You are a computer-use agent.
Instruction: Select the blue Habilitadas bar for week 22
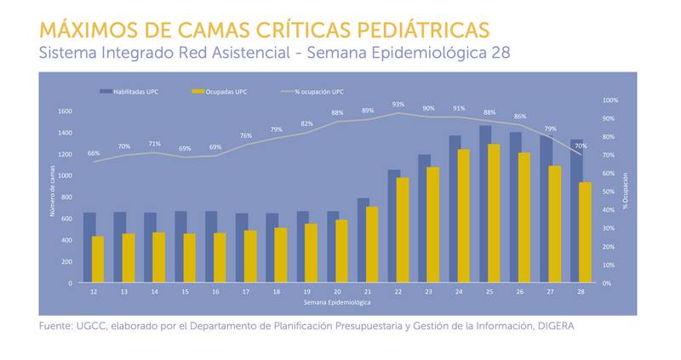tap(394, 226)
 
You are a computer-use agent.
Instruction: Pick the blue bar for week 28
tap(576, 211)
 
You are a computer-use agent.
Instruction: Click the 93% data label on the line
tap(398, 105)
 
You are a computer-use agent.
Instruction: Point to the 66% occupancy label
tap(94, 153)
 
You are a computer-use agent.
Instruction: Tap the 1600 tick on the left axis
tap(66, 111)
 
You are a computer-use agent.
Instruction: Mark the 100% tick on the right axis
tap(609, 100)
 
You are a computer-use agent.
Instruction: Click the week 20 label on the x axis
tap(337, 291)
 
